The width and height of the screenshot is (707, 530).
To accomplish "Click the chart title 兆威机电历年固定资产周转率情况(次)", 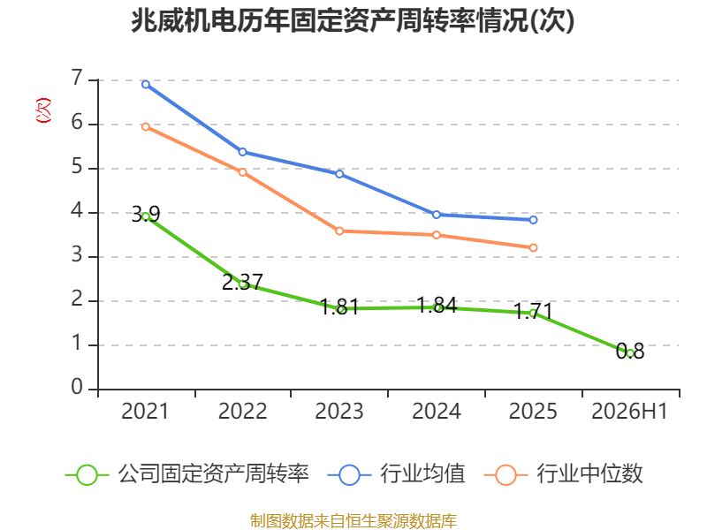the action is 353,21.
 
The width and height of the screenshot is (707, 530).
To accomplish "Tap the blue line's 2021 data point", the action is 146,84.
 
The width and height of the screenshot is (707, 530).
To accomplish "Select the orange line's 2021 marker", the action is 146,127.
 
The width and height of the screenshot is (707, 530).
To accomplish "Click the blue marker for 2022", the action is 242,152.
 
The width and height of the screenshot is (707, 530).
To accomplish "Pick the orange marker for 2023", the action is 339,231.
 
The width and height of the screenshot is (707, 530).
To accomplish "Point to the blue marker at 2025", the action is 534,220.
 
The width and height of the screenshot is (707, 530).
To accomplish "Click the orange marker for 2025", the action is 534,248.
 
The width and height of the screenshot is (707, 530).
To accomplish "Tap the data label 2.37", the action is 242,282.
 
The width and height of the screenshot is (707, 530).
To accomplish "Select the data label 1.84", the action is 437,305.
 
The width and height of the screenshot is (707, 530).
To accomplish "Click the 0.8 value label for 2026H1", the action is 630,351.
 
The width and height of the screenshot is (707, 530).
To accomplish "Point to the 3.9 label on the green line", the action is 146,214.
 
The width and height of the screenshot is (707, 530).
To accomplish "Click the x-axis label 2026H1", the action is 629,411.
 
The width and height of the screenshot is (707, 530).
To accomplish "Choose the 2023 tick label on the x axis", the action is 339,411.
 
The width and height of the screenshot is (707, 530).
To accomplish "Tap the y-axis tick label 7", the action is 77,78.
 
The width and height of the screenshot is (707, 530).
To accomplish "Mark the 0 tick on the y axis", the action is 77,387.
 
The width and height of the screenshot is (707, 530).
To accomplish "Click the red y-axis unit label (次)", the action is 43,110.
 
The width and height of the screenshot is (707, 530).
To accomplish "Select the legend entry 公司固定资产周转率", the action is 187,474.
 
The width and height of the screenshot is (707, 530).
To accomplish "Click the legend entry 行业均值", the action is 396,474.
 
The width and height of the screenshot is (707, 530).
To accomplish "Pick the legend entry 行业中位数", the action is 563,474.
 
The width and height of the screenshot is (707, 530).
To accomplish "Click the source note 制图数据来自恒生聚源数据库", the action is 353,520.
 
